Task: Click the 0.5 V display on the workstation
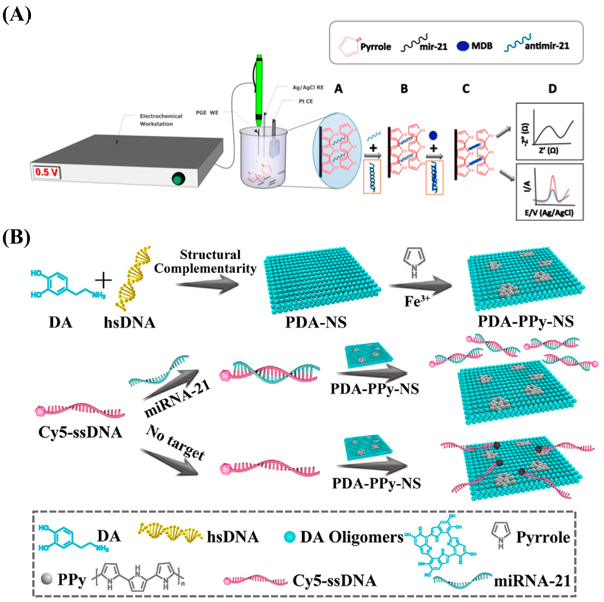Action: click(46, 172)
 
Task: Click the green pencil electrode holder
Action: click(259, 91)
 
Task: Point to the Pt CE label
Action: click(306, 102)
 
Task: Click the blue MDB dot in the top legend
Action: click(463, 46)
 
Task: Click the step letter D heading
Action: click(552, 89)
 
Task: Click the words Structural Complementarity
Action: click(205, 262)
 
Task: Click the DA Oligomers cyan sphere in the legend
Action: click(290, 537)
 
